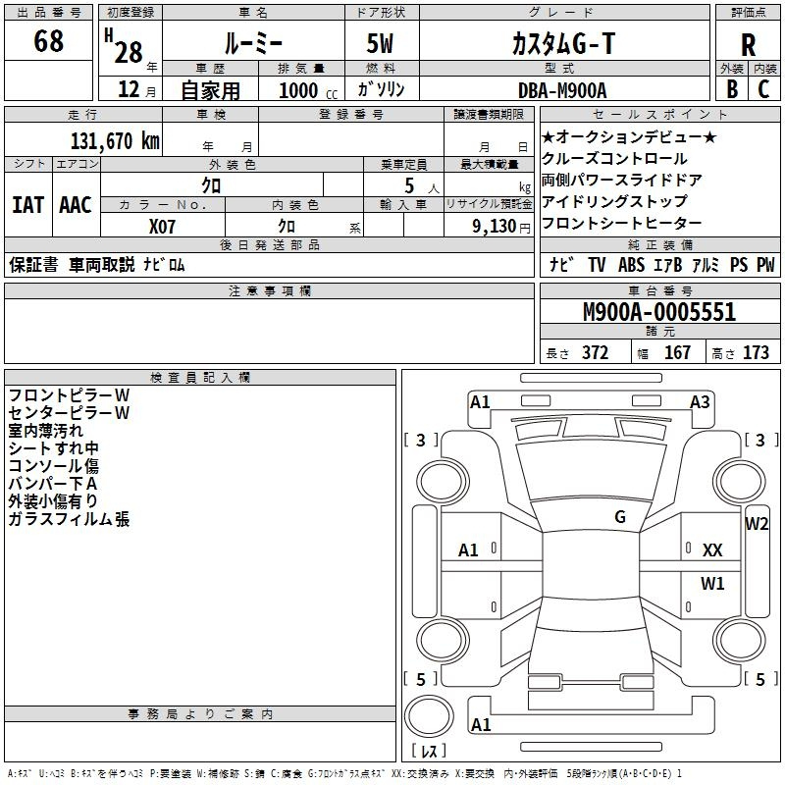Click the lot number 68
[48, 40]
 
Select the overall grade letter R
[748, 45]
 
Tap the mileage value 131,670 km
[115, 141]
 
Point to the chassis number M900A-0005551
[659, 312]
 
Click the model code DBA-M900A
[562, 90]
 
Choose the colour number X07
[162, 227]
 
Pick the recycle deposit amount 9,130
[495, 227]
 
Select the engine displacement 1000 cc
[308, 90]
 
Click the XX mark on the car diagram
[712, 550]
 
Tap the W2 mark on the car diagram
[757, 524]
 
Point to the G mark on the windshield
[620, 517]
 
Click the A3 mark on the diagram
[700, 402]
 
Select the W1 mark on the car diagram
[712, 583]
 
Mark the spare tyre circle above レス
[429, 716]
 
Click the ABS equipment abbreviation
[631, 265]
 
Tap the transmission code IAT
[28, 205]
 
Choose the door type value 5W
[380, 43]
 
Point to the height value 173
[756, 352]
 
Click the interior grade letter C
[763, 89]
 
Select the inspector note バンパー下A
[53, 484]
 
